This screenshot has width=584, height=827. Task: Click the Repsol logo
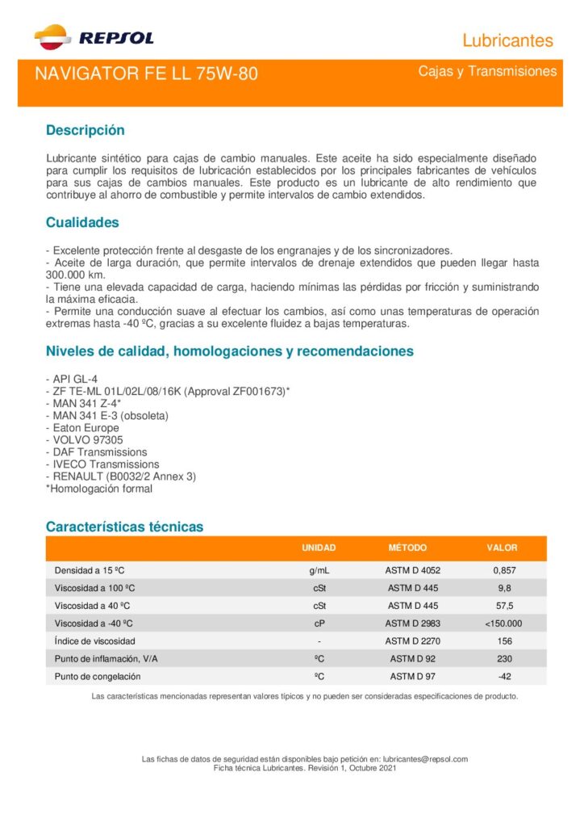pos(94,36)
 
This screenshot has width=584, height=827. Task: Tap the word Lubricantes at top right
pos(507,40)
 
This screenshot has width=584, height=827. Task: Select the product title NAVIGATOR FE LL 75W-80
pos(146,74)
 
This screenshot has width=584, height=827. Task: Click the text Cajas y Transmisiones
pos(487,72)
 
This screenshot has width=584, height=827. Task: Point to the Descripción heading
pos(86,130)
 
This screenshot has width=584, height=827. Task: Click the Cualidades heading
pos(82,222)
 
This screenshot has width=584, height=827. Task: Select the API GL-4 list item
pos(74,380)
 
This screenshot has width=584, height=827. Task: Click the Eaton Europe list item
pos(85,428)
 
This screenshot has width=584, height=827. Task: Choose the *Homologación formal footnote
pos(98,489)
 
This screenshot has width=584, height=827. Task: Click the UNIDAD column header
pos(319,548)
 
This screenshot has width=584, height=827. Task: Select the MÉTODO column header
pos(407,548)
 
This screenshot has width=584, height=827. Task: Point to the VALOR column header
pos(502,548)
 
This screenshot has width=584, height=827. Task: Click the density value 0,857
pos(505,570)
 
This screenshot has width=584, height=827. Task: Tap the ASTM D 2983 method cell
pos(413,623)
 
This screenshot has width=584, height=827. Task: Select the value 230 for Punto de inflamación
pos(505,659)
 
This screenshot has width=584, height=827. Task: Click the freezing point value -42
pos(505,677)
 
